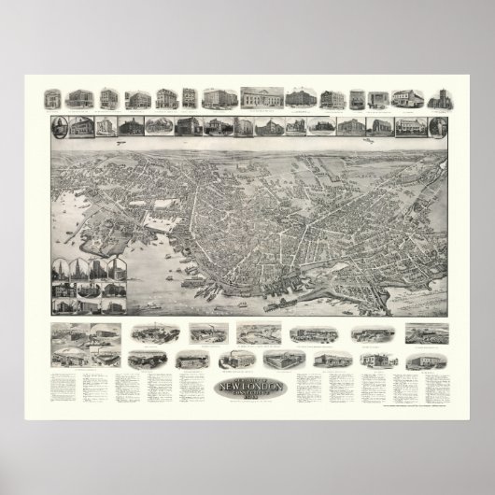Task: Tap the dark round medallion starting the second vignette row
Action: coord(55,126)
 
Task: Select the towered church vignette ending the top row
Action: coord(438,98)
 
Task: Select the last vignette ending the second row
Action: coord(438,125)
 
